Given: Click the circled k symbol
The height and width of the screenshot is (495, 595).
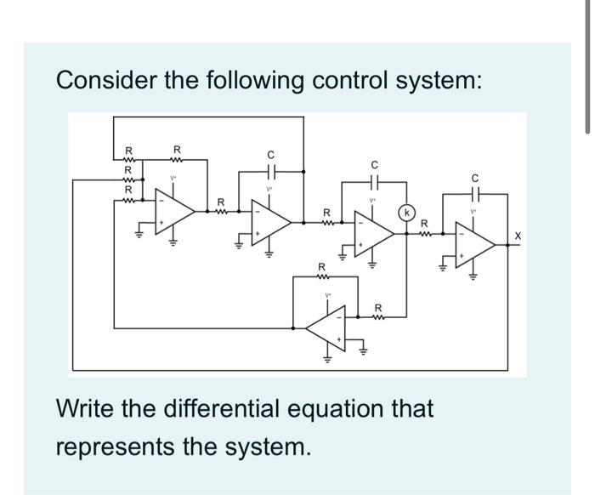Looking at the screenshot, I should point(407,210).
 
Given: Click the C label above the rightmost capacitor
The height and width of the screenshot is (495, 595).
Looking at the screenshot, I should point(476,178).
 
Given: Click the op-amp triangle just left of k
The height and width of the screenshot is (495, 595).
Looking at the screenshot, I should point(375,238).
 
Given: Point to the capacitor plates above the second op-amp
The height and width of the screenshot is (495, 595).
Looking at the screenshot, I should point(270,172).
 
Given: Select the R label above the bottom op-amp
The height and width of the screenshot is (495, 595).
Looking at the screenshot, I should point(322,268).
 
